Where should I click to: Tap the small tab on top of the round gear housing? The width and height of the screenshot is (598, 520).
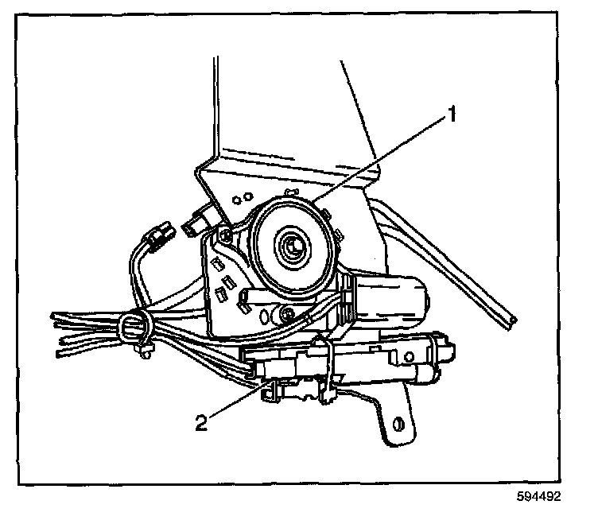(x=291, y=190)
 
